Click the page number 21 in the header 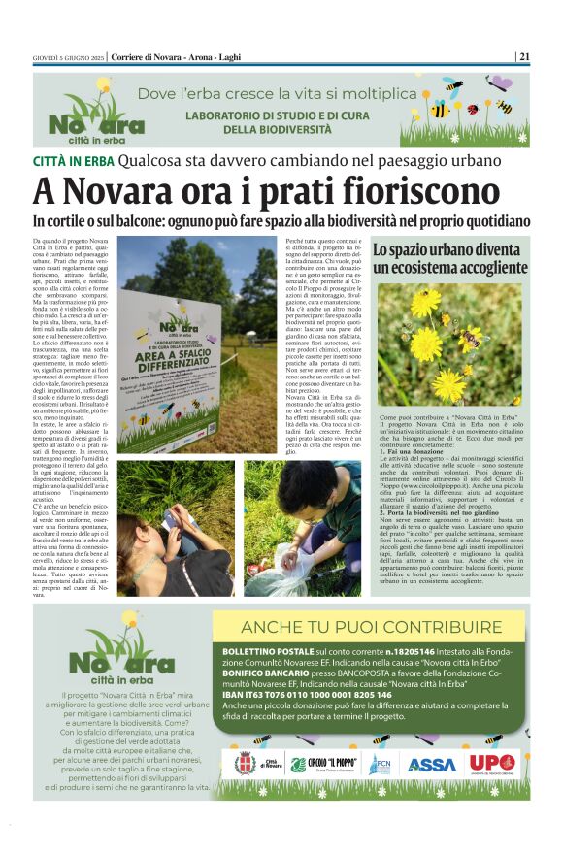tap(524, 56)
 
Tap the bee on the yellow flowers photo tap(470, 337)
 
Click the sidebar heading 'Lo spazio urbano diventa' tap(449, 250)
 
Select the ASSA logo tap(431, 764)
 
